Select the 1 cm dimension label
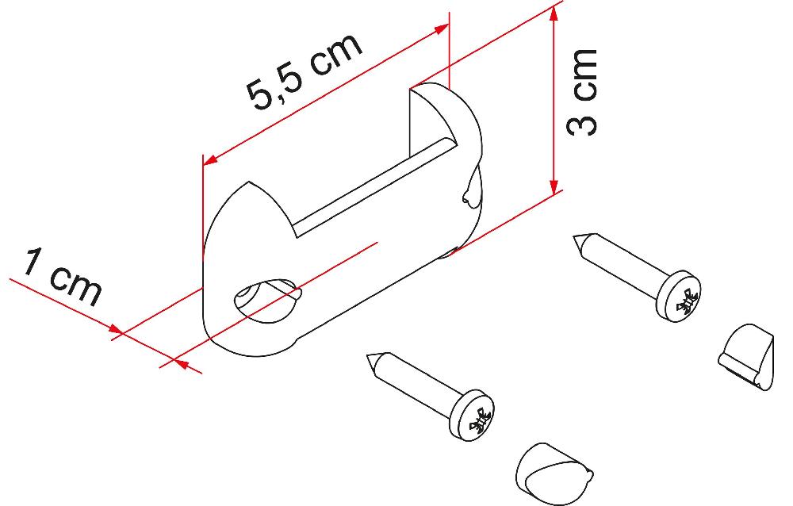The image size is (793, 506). pyautogui.click(x=62, y=277)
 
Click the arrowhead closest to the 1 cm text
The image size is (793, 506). pyautogui.click(x=113, y=330)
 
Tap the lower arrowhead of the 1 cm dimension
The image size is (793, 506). pyautogui.click(x=179, y=364)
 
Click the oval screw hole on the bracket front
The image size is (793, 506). pyautogui.click(x=266, y=300)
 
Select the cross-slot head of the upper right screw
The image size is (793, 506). pyautogui.click(x=683, y=299)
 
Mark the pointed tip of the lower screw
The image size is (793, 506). pyautogui.click(x=370, y=358)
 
